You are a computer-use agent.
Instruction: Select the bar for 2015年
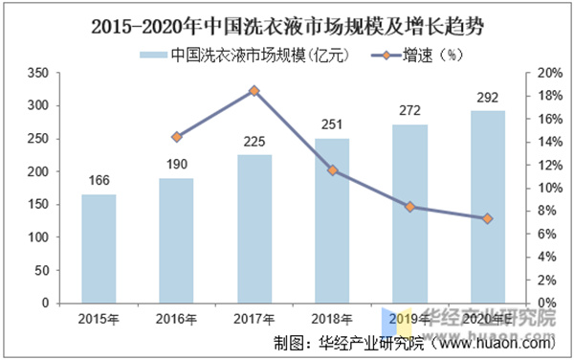(99, 248)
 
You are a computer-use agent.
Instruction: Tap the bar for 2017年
(254, 229)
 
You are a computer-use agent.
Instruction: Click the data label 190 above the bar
(176, 163)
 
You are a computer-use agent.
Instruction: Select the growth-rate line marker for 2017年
(254, 91)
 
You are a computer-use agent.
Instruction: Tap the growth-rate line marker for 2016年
(176, 137)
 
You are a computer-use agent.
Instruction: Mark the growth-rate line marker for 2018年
(332, 170)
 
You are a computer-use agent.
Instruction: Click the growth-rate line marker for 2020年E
(488, 219)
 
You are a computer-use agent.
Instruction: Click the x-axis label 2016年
(176, 319)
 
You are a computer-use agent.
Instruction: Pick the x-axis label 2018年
(332, 319)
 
